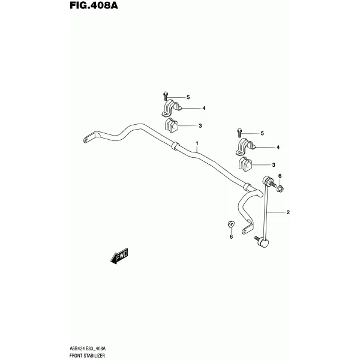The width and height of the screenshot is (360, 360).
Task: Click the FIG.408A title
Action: point(94,5)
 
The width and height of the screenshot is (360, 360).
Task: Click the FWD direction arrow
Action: point(119,256)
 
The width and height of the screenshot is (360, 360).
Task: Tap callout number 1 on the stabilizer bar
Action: point(197,143)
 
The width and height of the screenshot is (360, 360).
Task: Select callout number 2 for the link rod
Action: point(288,212)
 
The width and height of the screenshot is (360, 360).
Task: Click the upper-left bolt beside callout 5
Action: point(166,96)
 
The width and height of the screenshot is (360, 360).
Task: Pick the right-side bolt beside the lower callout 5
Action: point(239,132)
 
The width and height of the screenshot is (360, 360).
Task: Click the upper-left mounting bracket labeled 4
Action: point(171,107)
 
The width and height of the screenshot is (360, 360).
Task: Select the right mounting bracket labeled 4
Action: point(245,146)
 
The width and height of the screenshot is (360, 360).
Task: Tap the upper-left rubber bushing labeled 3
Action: point(171,125)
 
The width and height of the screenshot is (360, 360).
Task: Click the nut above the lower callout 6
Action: point(230,223)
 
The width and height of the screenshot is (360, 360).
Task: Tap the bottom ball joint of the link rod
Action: point(263,243)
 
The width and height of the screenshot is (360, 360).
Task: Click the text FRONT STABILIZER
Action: point(87,356)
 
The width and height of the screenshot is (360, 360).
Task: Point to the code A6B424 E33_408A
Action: point(88,349)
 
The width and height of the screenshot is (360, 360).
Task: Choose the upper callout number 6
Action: point(280,176)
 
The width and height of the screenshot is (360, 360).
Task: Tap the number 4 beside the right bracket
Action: point(278,148)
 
